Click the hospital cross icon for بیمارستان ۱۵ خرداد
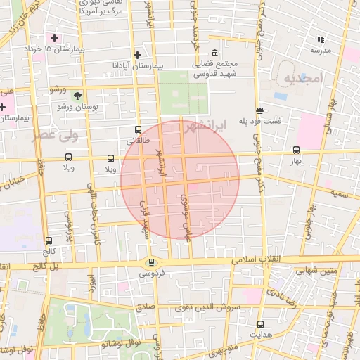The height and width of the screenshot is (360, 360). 53,37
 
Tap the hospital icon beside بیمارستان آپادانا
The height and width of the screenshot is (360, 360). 137,55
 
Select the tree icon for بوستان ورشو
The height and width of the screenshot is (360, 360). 77,95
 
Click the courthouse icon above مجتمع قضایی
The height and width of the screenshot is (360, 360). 214,53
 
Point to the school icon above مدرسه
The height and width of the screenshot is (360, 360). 321,39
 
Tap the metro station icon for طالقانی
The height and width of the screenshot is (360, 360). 137,130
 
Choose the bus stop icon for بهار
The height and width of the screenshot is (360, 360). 296,150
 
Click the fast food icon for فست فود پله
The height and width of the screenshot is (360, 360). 259,110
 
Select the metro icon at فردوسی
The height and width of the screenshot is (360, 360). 151,263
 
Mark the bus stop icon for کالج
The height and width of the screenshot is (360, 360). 48,240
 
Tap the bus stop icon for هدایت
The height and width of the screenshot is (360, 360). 261,324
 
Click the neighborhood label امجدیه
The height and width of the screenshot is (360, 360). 302,79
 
